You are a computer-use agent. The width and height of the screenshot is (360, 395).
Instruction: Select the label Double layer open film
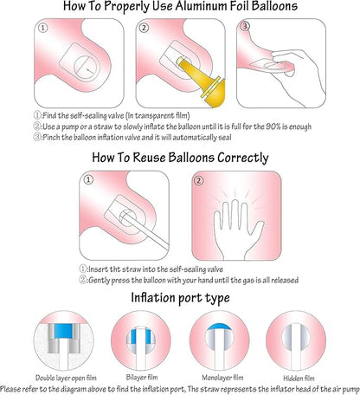[x=66, y=378]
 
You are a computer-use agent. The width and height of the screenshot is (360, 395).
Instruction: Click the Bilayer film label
[x=142, y=378]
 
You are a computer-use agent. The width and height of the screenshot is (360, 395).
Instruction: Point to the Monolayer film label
[x=222, y=378]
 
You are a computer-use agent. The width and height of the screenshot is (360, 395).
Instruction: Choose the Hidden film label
[x=299, y=379]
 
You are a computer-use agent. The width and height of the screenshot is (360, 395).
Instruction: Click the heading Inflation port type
[x=180, y=298]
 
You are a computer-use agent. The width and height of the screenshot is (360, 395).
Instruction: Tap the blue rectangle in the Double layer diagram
[x=63, y=331]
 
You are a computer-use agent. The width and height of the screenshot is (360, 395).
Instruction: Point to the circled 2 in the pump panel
[x=144, y=28]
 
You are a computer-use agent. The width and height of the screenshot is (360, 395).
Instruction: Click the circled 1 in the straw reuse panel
[x=88, y=179]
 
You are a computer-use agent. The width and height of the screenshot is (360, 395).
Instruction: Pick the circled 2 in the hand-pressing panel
[x=198, y=181]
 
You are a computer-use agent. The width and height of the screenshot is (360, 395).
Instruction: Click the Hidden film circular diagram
[x=296, y=340]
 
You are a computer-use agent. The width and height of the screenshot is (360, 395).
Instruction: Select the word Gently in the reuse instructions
[x=99, y=281]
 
